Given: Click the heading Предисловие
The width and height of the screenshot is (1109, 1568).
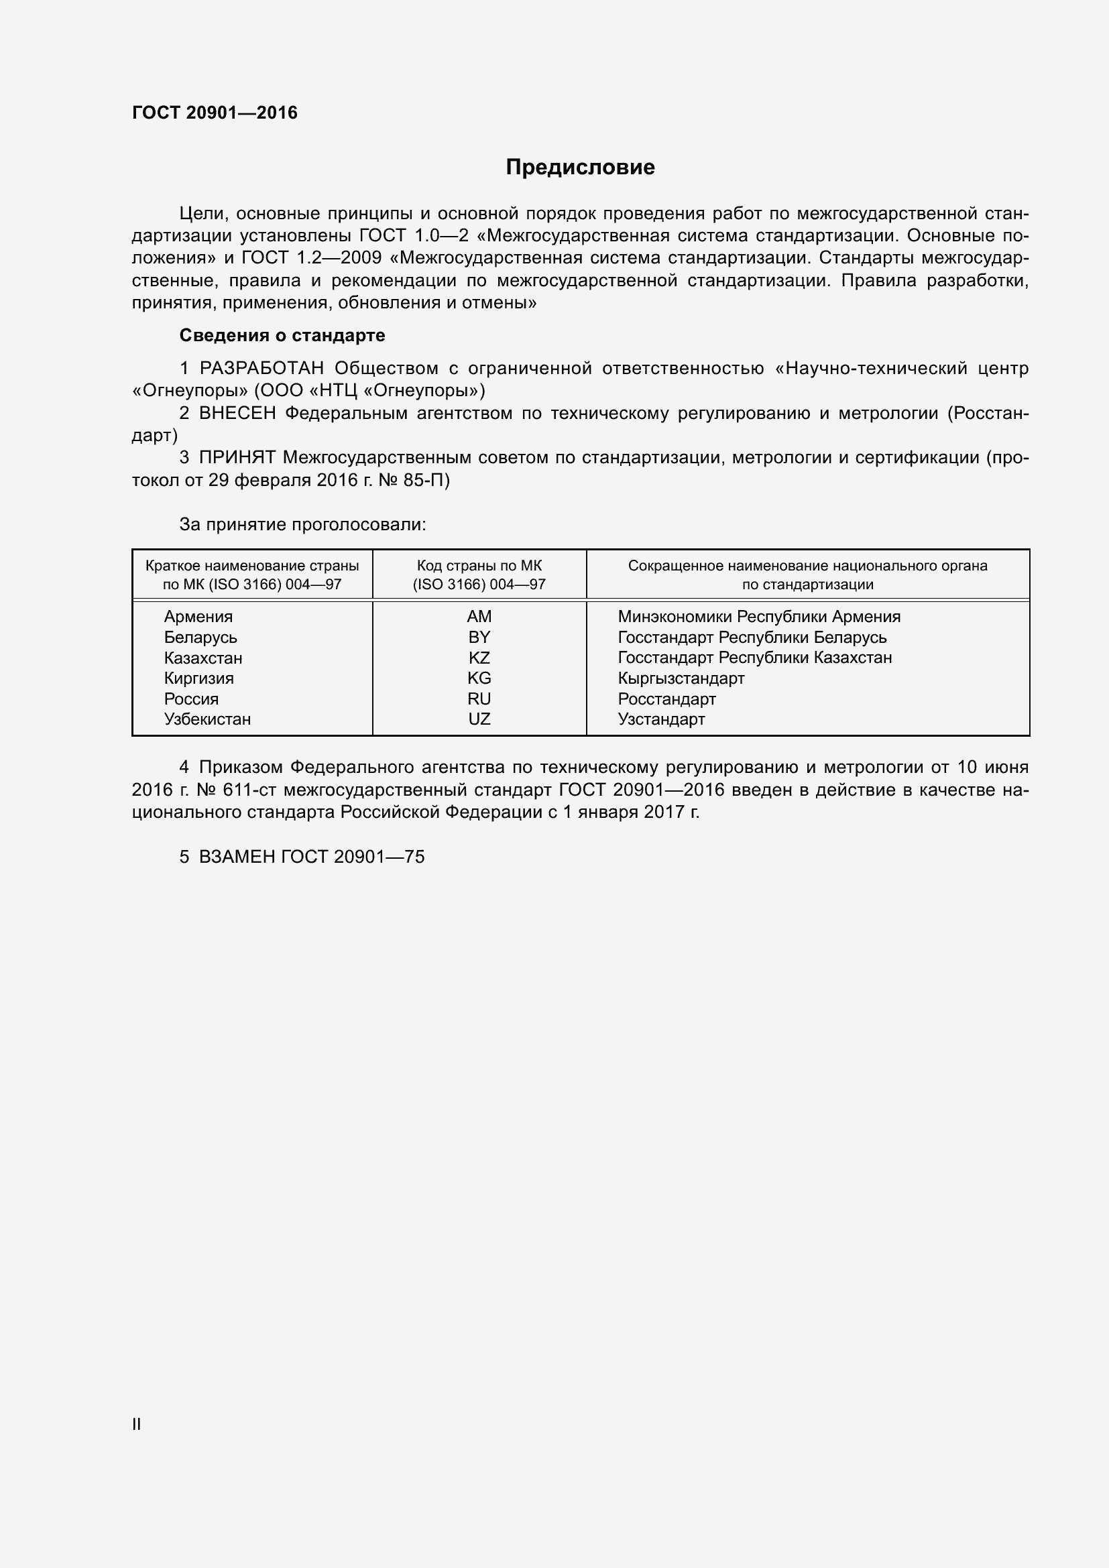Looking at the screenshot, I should pyautogui.click(x=580, y=168).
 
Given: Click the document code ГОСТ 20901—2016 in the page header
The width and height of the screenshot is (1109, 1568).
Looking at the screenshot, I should pyautogui.click(x=215, y=113).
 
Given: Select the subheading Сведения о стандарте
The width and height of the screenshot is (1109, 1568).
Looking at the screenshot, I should pyautogui.click(x=282, y=335).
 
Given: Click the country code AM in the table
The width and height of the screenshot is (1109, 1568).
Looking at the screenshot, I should pyautogui.click(x=479, y=617).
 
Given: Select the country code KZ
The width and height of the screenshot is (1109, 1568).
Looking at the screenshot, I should pyautogui.click(x=479, y=658).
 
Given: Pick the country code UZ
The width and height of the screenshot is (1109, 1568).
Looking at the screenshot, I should pyautogui.click(x=479, y=719).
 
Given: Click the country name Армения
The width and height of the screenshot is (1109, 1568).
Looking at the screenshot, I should pyautogui.click(x=198, y=617).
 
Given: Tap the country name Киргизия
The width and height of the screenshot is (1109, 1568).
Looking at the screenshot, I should pyautogui.click(x=198, y=678).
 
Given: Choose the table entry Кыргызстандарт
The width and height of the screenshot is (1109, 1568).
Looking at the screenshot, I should pyautogui.click(x=681, y=678).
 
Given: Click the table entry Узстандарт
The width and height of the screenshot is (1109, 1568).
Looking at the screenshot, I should pyautogui.click(x=661, y=719).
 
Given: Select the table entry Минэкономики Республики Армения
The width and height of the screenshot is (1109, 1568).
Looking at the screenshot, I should pyautogui.click(x=759, y=617).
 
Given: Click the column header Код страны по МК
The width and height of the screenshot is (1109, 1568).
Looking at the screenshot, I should pyautogui.click(x=479, y=566).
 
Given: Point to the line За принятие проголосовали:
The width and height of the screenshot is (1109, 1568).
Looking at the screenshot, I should pyautogui.click(x=302, y=524).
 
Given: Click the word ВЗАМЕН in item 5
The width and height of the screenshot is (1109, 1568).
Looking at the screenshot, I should pyautogui.click(x=237, y=857).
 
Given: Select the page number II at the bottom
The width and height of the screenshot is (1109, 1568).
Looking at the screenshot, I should pyautogui.click(x=137, y=1425).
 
